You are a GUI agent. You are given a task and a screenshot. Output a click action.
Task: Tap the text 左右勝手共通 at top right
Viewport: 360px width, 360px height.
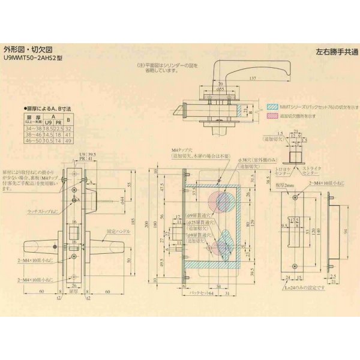(333, 53)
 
